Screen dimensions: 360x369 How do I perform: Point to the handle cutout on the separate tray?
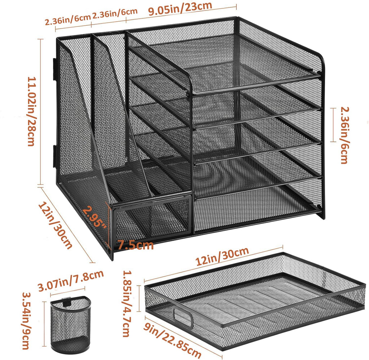(x=183, y=317)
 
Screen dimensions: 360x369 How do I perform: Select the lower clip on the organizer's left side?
(x=54, y=157)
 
